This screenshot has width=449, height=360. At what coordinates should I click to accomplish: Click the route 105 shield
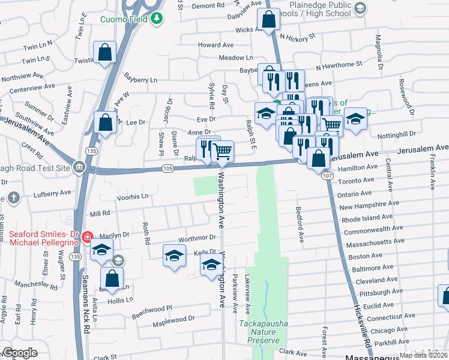coord(167,169)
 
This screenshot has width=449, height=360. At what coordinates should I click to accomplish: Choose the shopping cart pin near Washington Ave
coord(222,152)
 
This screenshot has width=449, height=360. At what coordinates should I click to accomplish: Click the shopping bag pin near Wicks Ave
coord(268,20)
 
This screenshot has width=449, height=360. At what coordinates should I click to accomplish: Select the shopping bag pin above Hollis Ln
coord(112,278)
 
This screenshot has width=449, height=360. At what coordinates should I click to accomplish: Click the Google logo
coord(20,353)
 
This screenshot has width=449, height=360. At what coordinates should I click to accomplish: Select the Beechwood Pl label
coord(152,307)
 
